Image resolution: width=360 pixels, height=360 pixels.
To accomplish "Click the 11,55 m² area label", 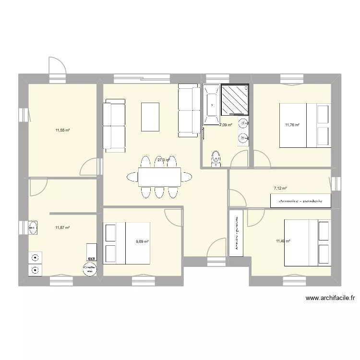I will point(63,130).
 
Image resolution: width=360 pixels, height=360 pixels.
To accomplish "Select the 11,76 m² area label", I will point(292,125).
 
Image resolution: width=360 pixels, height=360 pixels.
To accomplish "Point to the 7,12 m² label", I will point(280,189).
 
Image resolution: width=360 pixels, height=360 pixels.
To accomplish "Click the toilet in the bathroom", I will point(216,158).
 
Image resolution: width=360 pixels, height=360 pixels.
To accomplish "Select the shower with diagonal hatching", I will point(235,100).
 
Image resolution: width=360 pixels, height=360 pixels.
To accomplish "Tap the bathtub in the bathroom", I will point(211,104).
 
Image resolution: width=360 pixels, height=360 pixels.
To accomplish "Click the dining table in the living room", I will point(159,177).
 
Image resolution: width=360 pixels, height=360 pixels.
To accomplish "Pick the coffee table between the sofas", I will point(150,117).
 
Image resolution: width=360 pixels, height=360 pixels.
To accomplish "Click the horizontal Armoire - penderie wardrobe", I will point(301,202).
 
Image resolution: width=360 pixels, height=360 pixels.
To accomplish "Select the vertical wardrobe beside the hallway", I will point(236,233).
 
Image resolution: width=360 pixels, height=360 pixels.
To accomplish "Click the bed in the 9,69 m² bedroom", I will point(127,243).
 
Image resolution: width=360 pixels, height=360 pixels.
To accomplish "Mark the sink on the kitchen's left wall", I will point(34,228).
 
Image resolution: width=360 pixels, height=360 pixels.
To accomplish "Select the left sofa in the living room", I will point(114,125).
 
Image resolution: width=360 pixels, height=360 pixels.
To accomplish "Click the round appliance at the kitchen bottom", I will point(90,269).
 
